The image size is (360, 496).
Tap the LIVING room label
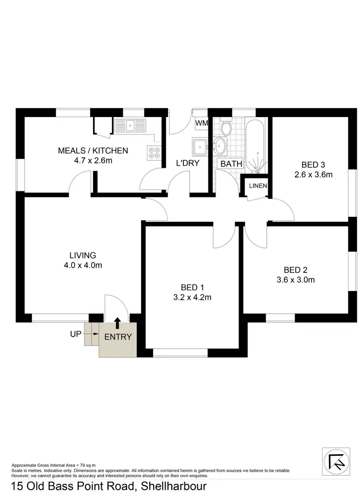point(83,255)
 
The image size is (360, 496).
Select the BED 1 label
point(192,287)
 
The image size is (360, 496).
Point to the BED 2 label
point(295,270)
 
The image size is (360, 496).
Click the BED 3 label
point(313,165)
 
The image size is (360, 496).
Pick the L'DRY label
point(188,163)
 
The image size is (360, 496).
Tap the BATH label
point(231,164)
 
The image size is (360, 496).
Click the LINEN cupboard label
point(258,186)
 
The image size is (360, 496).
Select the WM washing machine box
point(202,123)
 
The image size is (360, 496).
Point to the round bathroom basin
point(221,145)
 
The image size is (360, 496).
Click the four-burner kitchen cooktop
point(155,153)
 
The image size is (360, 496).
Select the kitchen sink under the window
point(130,126)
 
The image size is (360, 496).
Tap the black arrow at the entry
point(117,323)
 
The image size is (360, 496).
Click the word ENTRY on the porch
point(118,337)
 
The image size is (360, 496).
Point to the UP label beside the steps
point(76,334)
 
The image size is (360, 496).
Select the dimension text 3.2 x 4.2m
point(192,297)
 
